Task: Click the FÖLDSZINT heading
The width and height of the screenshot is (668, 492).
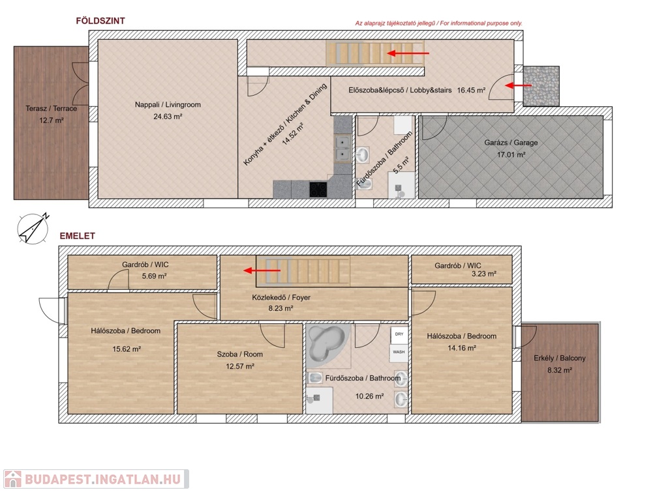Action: point(100,21)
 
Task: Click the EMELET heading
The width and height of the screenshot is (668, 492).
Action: point(77,236)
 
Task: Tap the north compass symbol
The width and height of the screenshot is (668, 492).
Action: point(33,229)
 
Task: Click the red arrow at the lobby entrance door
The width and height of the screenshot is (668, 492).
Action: point(518,85)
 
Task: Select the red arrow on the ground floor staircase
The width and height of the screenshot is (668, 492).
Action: point(408,53)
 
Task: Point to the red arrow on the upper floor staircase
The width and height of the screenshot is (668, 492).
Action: point(262,270)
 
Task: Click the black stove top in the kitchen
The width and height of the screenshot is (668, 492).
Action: point(318,190)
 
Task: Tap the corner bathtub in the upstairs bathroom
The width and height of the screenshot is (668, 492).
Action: point(327,343)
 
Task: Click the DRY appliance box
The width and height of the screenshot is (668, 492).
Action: point(399,334)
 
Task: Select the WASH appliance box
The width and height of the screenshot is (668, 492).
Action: point(399,353)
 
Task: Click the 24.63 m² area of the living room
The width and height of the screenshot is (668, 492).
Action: point(168,116)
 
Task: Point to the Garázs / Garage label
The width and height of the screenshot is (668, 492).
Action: point(511,143)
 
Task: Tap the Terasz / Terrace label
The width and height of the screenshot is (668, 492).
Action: point(51,109)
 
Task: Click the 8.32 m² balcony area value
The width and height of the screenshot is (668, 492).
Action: point(559,370)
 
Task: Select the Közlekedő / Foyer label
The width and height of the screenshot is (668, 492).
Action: point(281,298)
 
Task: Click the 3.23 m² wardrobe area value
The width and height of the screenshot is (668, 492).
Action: point(483,274)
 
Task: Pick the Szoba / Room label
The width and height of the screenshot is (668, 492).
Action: point(240,354)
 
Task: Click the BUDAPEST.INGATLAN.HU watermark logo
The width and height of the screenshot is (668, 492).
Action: point(97,479)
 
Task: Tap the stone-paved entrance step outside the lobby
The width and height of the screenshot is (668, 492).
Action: point(541,86)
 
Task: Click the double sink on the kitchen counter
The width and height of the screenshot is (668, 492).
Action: point(342,149)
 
